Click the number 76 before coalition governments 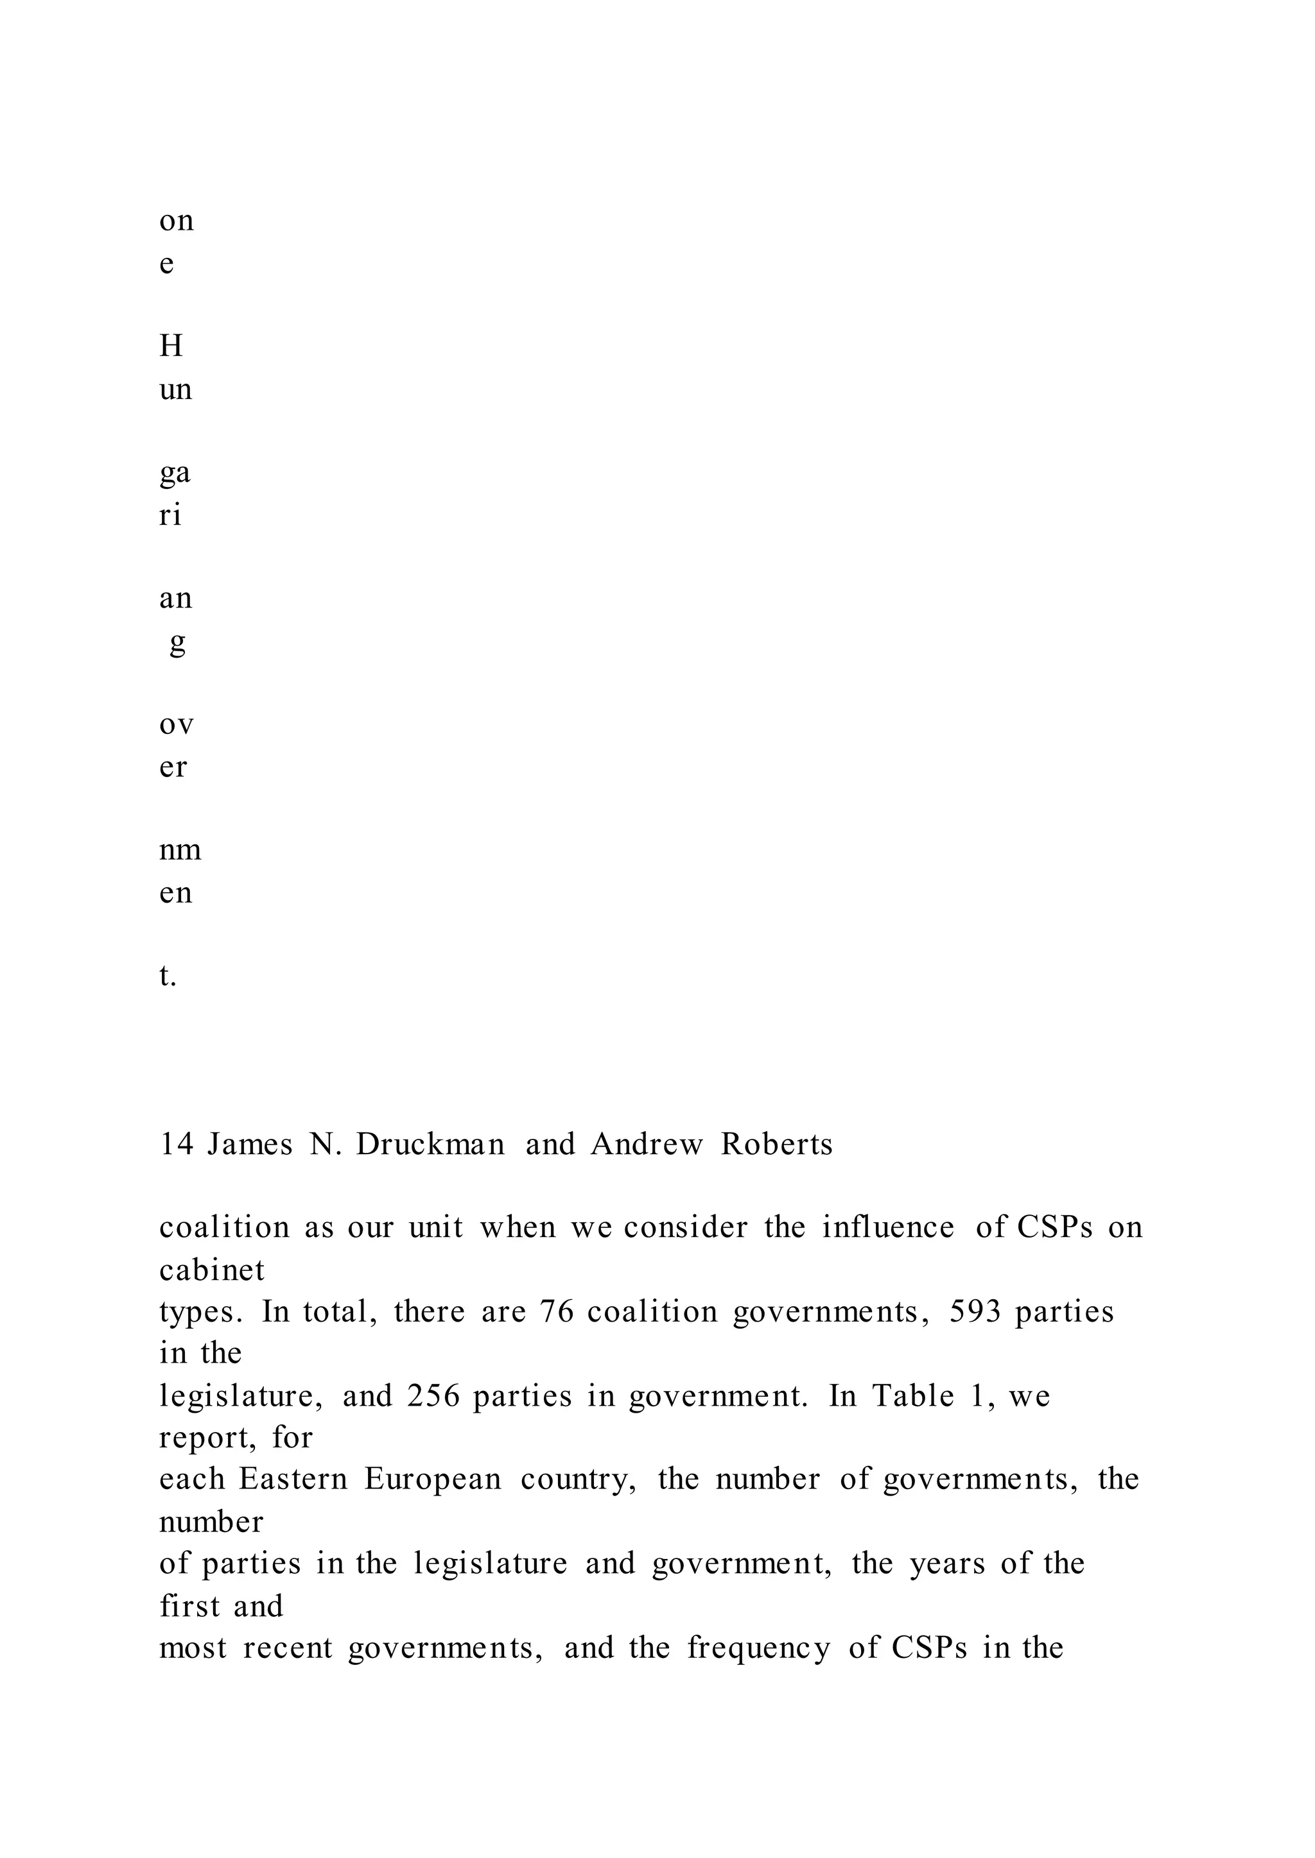(557, 1312)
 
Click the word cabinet (212, 1270)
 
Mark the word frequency (759, 1648)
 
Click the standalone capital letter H (171, 346)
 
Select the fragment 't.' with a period (168, 976)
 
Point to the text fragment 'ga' (175, 473)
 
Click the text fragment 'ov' (177, 724)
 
